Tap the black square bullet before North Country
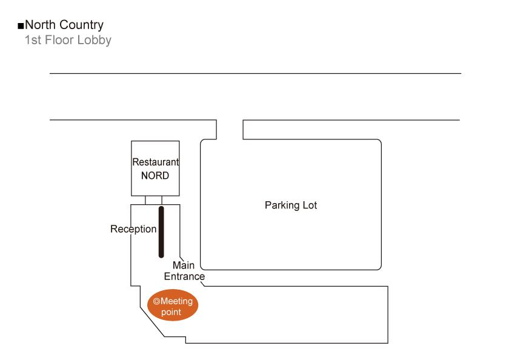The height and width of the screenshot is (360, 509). pos(21,26)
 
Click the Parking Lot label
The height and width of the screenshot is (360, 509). pos(291,205)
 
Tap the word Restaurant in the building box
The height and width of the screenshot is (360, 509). pos(156,162)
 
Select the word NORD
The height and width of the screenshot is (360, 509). pos(155,176)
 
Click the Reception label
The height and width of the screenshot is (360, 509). pos(133,229)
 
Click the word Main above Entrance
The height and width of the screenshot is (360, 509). pos(184,265)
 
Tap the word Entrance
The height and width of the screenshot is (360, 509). pos(184,276)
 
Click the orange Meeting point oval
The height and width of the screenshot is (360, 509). pos(173,306)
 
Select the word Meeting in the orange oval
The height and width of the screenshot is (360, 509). pos(176,301)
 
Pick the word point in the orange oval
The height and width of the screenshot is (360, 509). pos(171,312)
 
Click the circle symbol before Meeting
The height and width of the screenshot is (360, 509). pos(156,301)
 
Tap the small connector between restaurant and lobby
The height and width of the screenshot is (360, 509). pos(153,200)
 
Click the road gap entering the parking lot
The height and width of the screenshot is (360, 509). pos(230,129)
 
